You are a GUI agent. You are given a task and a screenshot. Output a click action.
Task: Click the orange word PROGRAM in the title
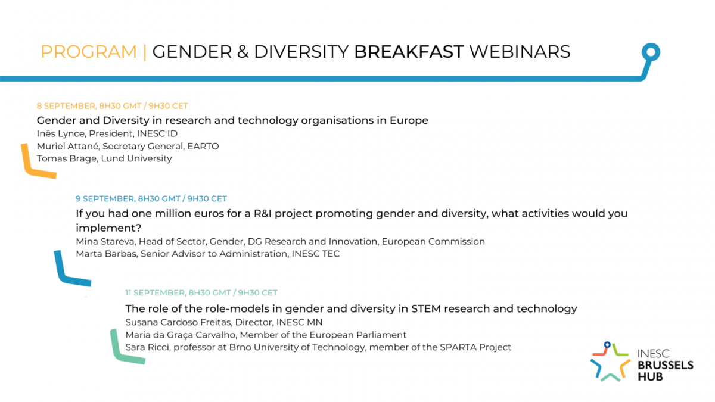coord(89,52)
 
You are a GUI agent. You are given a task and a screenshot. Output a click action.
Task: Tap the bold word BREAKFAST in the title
coord(409,52)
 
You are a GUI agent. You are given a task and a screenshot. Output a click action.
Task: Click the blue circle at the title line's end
coord(651,52)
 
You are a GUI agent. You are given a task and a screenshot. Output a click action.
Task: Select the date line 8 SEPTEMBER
coord(113,106)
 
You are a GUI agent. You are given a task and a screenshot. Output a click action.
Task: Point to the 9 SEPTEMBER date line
coord(151,199)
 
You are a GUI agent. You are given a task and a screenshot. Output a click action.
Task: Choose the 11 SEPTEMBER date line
coord(201,293)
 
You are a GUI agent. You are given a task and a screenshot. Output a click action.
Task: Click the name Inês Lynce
coord(61,133)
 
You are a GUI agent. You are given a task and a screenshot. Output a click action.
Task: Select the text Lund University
coord(136,158)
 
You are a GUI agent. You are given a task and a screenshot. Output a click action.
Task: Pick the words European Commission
coord(433,242)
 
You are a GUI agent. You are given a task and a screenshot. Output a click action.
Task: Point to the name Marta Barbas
coord(106,254)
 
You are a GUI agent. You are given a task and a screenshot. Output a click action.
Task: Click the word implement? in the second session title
coord(108,228)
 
